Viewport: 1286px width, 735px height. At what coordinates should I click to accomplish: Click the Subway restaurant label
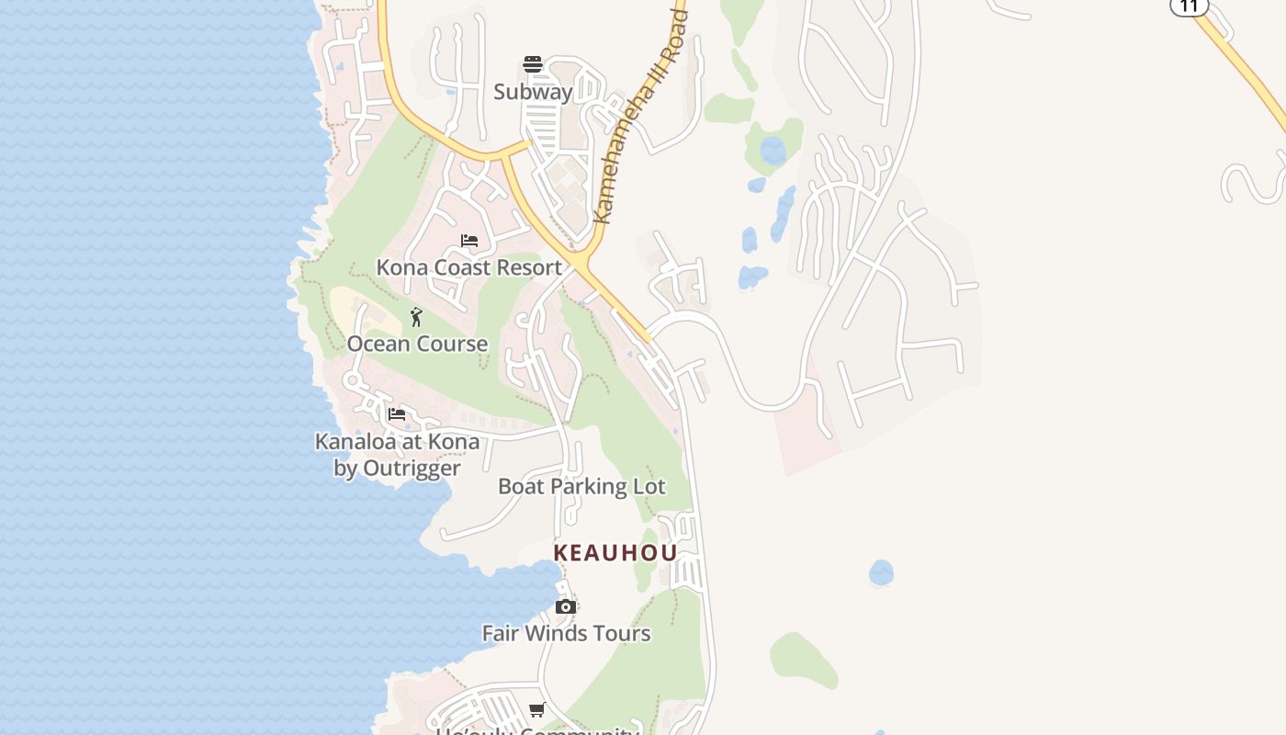[533, 92]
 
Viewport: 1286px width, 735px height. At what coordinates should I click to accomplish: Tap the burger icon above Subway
[533, 64]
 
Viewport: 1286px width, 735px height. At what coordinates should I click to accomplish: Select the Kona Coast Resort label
[468, 267]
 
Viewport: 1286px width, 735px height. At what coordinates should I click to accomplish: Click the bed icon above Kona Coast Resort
[469, 241]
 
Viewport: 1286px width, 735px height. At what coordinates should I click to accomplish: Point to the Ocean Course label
[417, 344]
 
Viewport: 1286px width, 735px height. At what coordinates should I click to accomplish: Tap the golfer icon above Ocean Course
[416, 317]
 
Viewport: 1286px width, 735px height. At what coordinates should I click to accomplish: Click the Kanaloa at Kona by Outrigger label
[397, 455]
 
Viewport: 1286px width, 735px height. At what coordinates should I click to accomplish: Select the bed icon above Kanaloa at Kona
[397, 414]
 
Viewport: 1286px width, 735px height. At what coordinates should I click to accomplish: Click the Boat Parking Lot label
[581, 486]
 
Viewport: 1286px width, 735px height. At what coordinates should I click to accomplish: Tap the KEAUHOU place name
[615, 553]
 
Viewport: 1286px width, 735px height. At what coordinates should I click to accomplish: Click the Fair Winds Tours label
[566, 633]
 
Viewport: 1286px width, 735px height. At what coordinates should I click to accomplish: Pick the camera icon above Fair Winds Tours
[566, 606]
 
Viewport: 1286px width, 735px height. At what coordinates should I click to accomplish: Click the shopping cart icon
[537, 709]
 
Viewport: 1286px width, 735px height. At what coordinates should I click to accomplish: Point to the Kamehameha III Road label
[640, 116]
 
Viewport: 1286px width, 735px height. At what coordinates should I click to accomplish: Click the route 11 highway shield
[1189, 6]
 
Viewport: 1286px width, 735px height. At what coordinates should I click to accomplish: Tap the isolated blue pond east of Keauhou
[881, 572]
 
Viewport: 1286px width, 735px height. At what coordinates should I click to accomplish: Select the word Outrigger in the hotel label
[411, 469]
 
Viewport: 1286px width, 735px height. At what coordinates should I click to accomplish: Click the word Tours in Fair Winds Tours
[620, 633]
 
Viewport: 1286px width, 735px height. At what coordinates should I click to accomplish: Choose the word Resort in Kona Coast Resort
[528, 267]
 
